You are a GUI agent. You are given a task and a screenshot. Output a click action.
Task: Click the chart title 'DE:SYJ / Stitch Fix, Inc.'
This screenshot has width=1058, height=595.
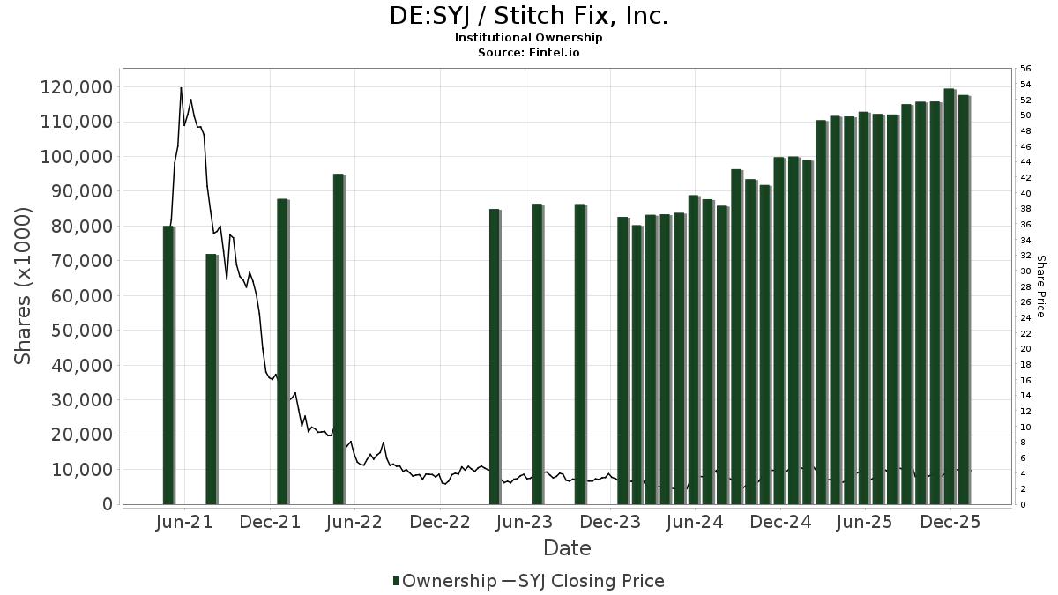[529, 16]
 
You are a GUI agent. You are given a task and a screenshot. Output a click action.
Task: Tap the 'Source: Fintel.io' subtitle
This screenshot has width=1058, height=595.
[529, 52]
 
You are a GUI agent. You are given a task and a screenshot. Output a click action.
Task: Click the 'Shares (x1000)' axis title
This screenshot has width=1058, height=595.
[23, 285]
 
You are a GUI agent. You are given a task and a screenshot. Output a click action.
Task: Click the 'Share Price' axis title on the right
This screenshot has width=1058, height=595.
[1041, 286]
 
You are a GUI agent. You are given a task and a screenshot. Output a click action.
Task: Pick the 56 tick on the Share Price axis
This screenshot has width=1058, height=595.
[1024, 69]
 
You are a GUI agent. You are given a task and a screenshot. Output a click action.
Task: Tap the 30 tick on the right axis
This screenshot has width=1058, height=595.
[1024, 271]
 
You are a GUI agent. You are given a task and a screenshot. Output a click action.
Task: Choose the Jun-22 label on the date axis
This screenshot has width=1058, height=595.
[354, 522]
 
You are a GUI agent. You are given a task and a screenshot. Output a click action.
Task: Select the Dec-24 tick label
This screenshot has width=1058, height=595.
[780, 522]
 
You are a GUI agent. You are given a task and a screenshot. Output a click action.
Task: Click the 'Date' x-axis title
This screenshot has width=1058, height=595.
[567, 548]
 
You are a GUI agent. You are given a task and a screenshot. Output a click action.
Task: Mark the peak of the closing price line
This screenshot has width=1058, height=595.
[181, 88]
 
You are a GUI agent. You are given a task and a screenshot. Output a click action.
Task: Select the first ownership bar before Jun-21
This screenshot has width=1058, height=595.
[168, 365]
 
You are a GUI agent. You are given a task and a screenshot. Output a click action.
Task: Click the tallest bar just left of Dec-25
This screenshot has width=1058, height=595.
[950, 296]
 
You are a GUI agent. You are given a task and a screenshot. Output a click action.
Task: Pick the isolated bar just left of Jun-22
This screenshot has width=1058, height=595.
[339, 339]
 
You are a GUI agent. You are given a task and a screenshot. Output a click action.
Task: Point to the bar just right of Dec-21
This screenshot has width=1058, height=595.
[283, 352]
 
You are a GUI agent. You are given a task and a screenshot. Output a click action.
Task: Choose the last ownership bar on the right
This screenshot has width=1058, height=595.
[964, 300]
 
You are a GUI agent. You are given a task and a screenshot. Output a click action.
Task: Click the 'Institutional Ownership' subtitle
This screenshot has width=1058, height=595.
[529, 38]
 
